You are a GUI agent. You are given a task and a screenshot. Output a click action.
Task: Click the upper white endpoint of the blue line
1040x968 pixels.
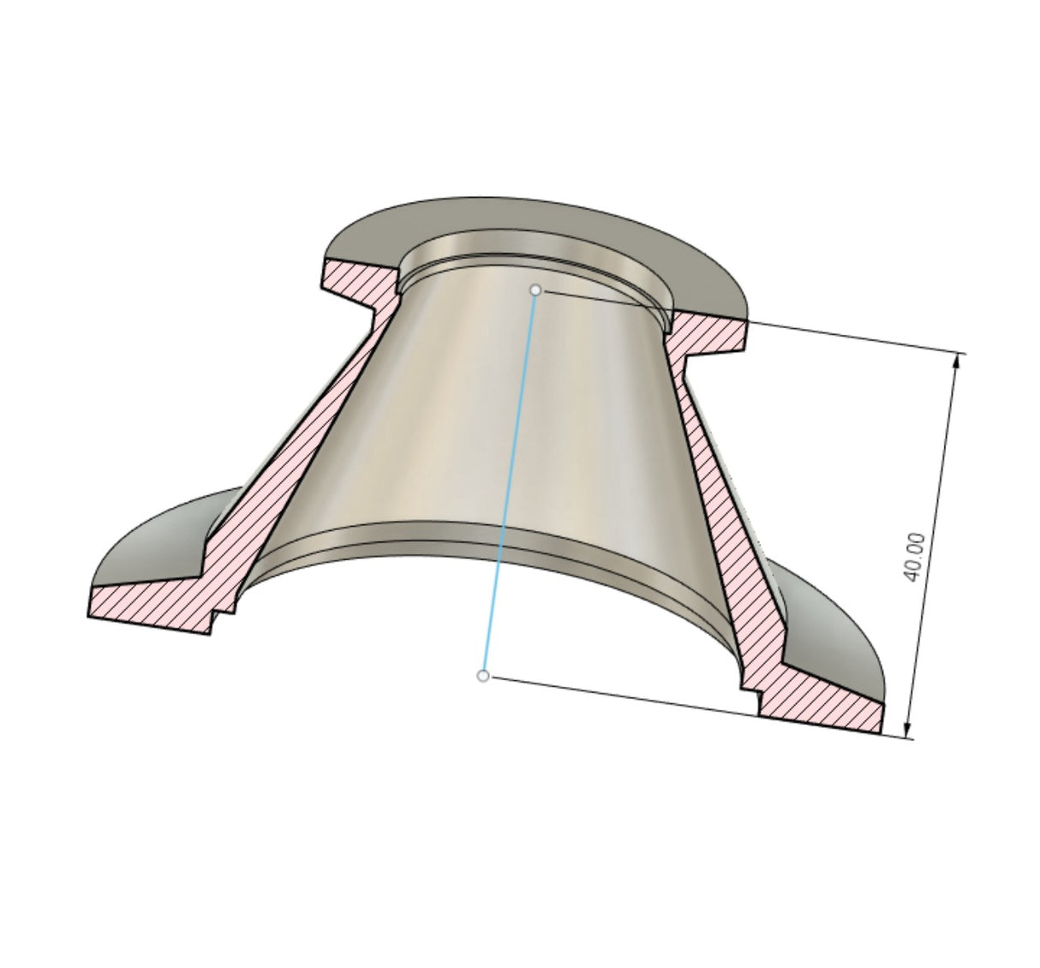coord(535,290)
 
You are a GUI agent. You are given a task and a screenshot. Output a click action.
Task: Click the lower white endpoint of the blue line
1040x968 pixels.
coord(483,676)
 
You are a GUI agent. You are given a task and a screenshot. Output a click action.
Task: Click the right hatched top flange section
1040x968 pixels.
coord(707,334)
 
